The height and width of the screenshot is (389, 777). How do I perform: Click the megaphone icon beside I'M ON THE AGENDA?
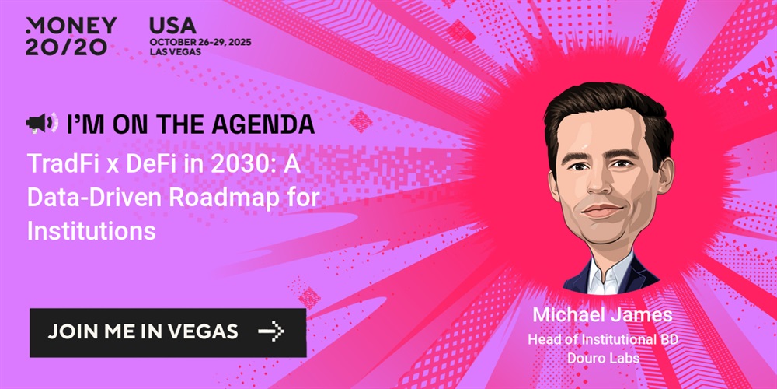[42, 123]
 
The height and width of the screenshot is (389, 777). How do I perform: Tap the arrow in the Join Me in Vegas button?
[270, 331]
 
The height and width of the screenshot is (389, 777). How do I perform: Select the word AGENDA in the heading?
[263, 124]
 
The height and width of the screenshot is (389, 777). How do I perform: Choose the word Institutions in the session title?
[92, 231]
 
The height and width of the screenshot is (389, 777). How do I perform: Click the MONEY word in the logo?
[71, 26]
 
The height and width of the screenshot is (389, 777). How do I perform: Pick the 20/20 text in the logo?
[66, 47]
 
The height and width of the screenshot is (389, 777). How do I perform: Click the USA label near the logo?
[173, 26]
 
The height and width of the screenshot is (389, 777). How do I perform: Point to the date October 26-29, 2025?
[200, 42]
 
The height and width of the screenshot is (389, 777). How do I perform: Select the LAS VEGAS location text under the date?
[175, 52]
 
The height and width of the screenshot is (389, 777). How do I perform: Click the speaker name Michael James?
[603, 315]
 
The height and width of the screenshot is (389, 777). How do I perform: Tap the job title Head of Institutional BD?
[603, 340]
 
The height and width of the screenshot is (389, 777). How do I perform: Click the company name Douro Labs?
[603, 358]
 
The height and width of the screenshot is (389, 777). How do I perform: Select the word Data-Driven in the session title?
[94, 198]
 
